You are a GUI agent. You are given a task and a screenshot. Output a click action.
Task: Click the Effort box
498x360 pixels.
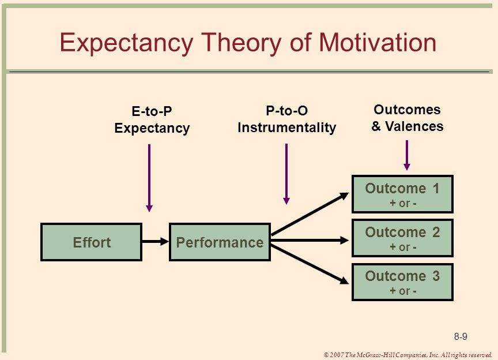92,242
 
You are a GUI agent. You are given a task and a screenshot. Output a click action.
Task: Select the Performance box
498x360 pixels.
220,242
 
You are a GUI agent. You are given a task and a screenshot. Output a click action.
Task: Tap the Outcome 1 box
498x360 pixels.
402,194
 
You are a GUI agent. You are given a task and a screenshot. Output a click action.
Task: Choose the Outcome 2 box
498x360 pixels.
402,238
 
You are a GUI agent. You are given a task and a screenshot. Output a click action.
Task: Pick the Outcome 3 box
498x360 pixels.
402,282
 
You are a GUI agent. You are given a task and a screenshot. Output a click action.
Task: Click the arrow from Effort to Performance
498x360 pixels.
155,242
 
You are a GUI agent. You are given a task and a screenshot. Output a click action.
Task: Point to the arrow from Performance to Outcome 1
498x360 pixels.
310,214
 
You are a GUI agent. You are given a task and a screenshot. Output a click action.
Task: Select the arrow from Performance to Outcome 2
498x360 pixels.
310,241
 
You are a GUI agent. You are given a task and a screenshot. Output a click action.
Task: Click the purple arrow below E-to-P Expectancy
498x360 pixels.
149,178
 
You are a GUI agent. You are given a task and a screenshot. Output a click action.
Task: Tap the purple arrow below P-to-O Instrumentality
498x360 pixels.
286,174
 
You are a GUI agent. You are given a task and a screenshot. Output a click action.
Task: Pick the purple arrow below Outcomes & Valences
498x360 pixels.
407,155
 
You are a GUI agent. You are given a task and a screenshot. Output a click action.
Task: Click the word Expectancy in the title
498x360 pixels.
126,43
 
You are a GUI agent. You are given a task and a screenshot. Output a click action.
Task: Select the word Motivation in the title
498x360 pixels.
378,42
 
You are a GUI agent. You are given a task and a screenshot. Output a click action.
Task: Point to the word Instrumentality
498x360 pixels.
287,127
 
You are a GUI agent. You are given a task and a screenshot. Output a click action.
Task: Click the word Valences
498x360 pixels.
414,126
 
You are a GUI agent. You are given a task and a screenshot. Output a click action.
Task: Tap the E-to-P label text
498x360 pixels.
152,111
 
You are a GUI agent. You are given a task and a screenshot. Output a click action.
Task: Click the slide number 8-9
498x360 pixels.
461,336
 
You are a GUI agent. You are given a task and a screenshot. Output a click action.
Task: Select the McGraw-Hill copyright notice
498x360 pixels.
408,355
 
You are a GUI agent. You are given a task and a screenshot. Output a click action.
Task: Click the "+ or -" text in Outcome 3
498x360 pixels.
403,291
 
